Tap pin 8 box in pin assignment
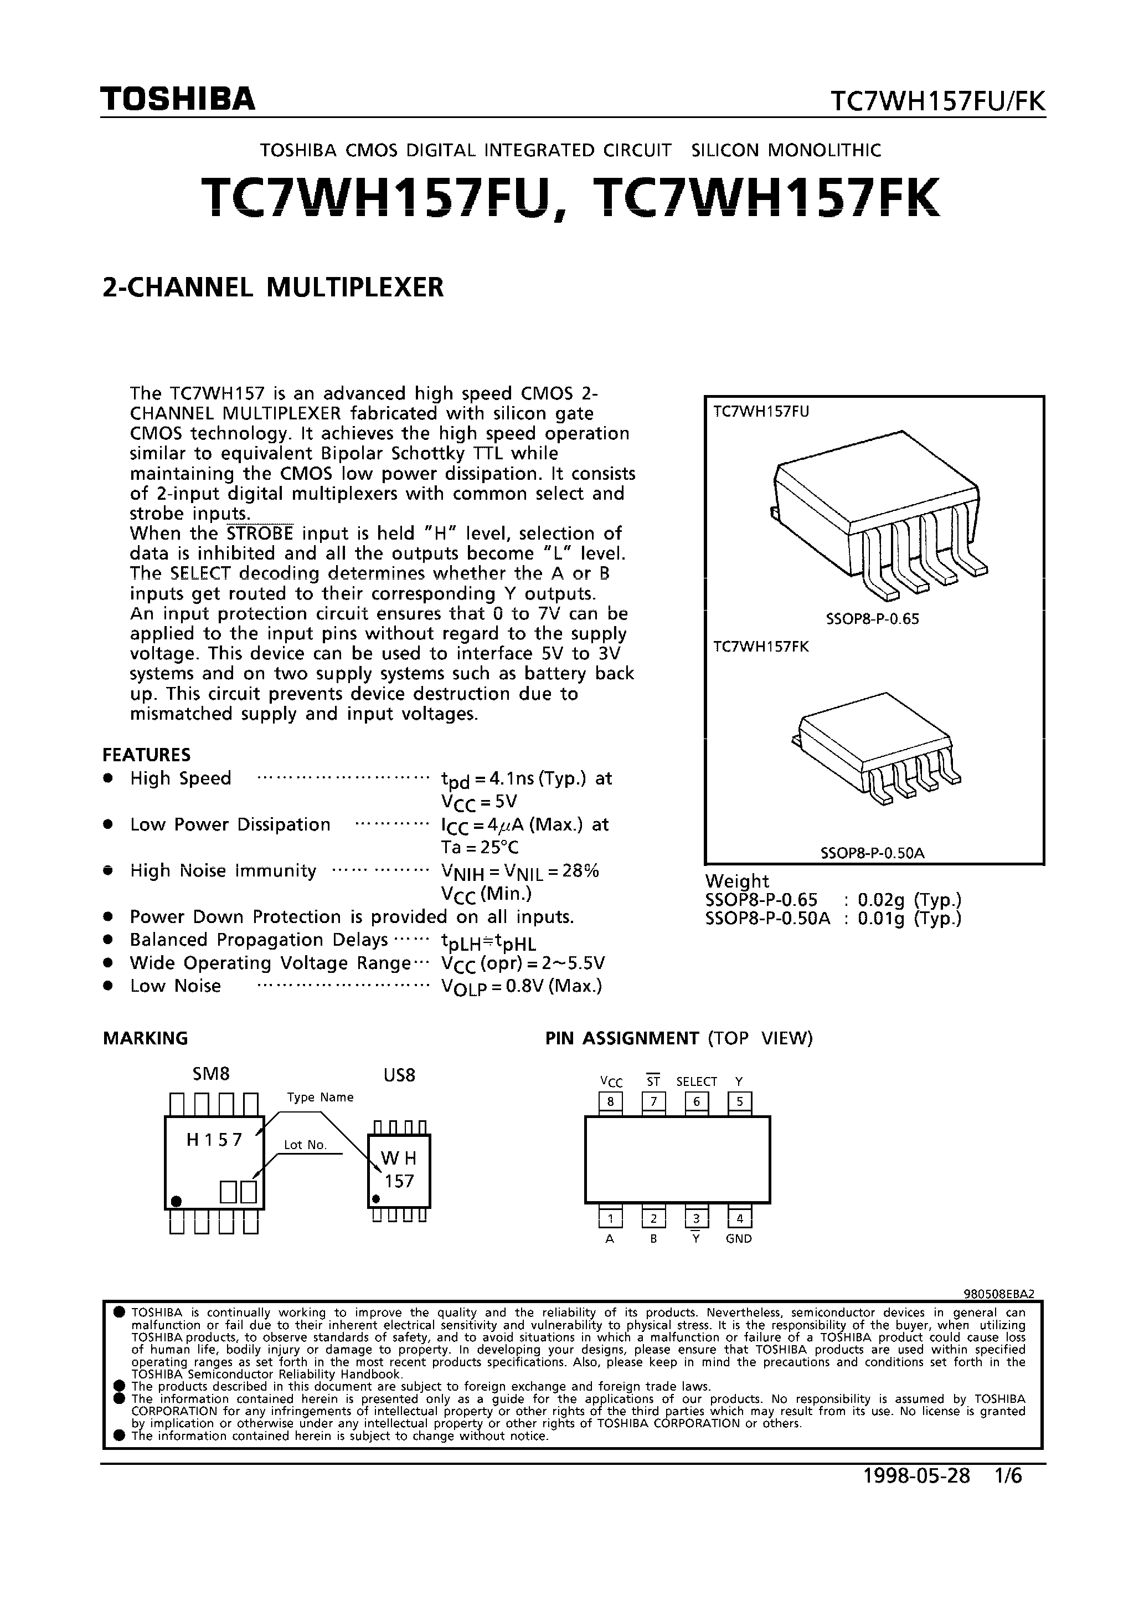610,1101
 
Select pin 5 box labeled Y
739,1101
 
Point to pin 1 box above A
610,1218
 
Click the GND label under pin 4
739,1238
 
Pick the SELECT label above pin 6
696,1081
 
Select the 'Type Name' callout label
320,1097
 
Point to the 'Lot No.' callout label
306,1145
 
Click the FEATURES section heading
147,755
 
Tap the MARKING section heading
145,1038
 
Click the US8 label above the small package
399,1075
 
